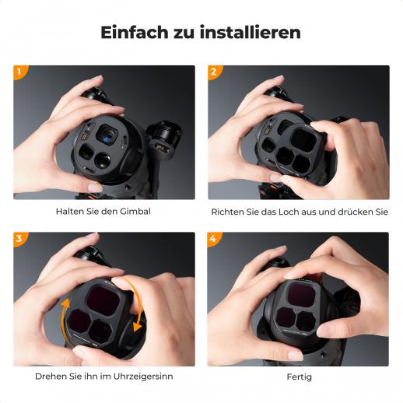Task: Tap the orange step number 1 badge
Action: (x=19, y=72)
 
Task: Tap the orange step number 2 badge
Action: (x=214, y=72)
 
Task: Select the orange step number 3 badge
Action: (x=19, y=238)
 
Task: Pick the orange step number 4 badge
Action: (x=213, y=238)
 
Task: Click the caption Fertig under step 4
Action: (x=300, y=377)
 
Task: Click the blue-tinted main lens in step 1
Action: (x=107, y=136)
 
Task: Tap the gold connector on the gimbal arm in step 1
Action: (x=159, y=148)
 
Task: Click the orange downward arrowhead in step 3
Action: (x=137, y=327)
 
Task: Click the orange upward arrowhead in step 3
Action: (x=65, y=303)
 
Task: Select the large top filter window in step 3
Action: (x=103, y=300)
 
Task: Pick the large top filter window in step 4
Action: (x=302, y=295)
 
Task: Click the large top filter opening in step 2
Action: (x=304, y=141)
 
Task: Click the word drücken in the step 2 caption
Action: (x=356, y=212)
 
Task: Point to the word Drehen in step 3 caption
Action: (x=51, y=377)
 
